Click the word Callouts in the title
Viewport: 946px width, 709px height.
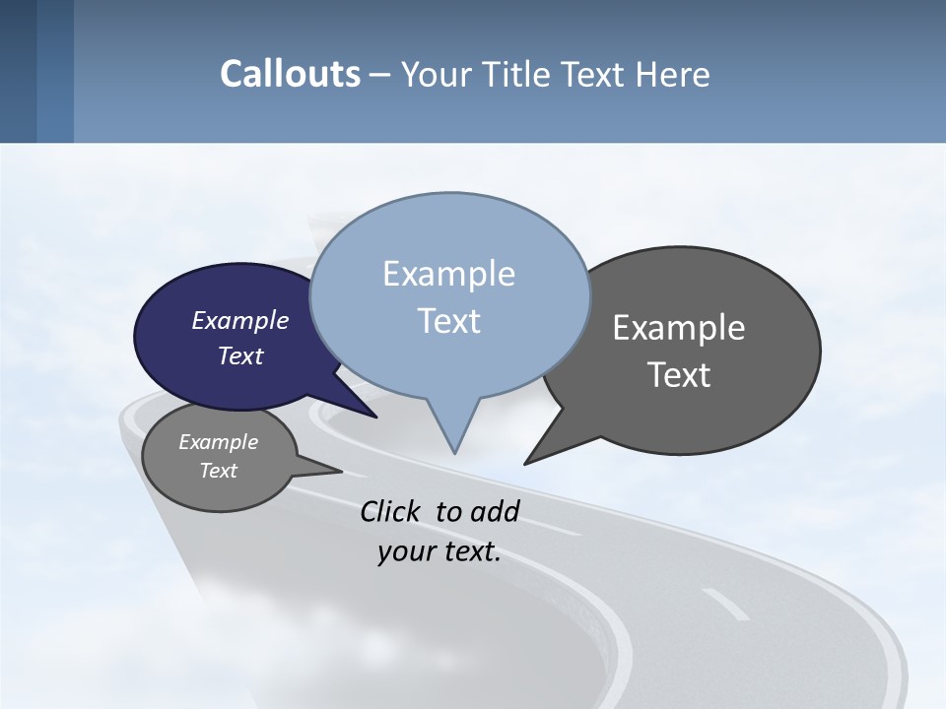pos(290,74)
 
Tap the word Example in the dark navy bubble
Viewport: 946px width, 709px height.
pos(240,320)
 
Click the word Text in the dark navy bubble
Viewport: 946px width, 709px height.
pos(240,355)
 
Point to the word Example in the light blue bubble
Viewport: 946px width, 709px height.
pos(448,274)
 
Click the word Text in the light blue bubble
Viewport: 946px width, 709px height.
pos(448,321)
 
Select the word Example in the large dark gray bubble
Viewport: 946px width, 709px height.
pos(679,328)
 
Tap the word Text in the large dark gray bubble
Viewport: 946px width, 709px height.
pos(679,375)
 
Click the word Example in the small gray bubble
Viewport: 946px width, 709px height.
pos(218,442)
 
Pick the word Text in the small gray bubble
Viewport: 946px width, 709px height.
pos(218,471)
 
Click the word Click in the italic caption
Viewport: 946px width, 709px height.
pos(390,511)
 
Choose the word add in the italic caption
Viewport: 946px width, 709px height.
pos(495,511)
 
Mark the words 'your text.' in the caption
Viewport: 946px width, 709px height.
pos(439,551)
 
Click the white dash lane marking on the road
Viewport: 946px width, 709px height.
pos(725,604)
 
